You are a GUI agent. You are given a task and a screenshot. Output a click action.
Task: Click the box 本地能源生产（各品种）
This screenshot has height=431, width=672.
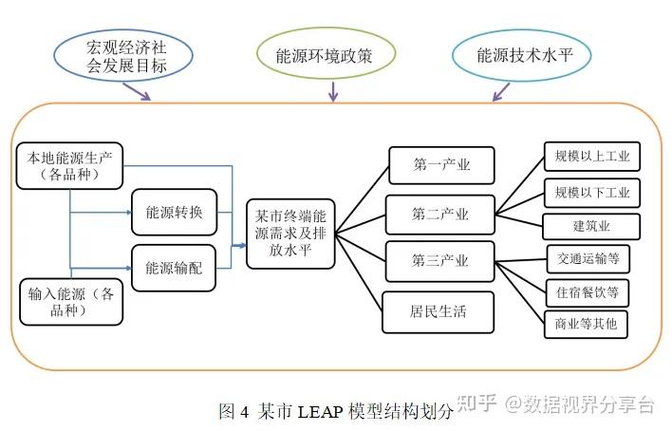click(70, 166)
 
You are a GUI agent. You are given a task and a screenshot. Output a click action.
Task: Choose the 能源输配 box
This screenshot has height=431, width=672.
click(175, 267)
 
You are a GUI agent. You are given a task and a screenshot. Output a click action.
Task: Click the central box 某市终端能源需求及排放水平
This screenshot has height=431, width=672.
click(291, 234)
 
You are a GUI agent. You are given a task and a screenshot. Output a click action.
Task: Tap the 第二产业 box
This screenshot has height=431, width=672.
click(440, 215)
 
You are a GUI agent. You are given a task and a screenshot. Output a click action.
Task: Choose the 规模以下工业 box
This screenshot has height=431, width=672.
click(592, 193)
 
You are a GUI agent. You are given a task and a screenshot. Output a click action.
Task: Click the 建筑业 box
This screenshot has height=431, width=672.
click(591, 227)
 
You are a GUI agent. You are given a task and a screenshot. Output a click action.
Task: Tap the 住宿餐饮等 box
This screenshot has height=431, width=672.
click(588, 292)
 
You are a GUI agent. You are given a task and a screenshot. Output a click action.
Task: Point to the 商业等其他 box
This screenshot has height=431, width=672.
click(586, 325)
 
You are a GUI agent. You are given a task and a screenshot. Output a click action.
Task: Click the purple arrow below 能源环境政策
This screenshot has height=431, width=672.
click(332, 91)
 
